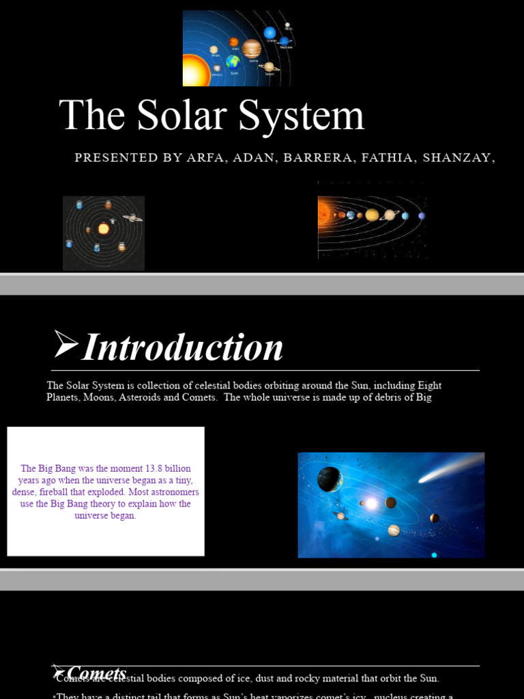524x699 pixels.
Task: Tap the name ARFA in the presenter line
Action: tap(205, 158)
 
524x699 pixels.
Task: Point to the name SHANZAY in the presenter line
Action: tap(456, 158)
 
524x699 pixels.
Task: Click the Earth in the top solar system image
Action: tap(233, 63)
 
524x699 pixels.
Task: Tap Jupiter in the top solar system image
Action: tap(251, 48)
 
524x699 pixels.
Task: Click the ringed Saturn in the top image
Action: tap(269, 67)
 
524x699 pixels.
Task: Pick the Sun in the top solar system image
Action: tap(192, 71)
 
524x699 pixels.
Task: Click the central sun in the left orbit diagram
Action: tap(104, 229)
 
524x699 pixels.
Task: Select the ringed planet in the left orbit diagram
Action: tap(132, 218)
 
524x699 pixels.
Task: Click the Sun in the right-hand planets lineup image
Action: tap(323, 213)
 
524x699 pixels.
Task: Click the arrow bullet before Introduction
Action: tap(65, 345)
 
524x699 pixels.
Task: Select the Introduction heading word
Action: tap(182, 347)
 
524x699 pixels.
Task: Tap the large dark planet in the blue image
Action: tap(330, 479)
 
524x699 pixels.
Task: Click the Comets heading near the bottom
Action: tap(96, 673)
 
